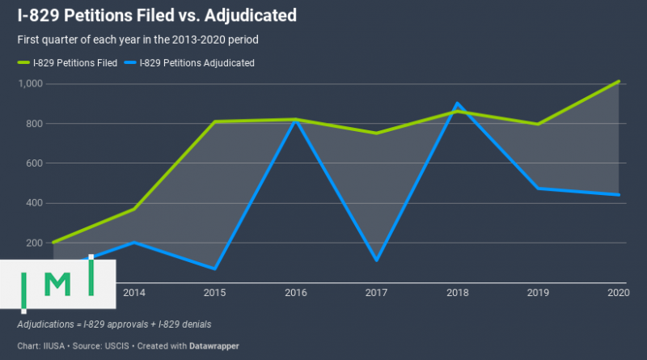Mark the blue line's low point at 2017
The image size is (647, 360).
point(376,260)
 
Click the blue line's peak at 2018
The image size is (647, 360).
point(457,104)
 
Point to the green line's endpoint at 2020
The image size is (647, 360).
point(619,82)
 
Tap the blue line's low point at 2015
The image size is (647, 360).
point(214,269)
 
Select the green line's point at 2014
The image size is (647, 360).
point(133,209)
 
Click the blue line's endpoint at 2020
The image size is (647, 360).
point(619,195)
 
